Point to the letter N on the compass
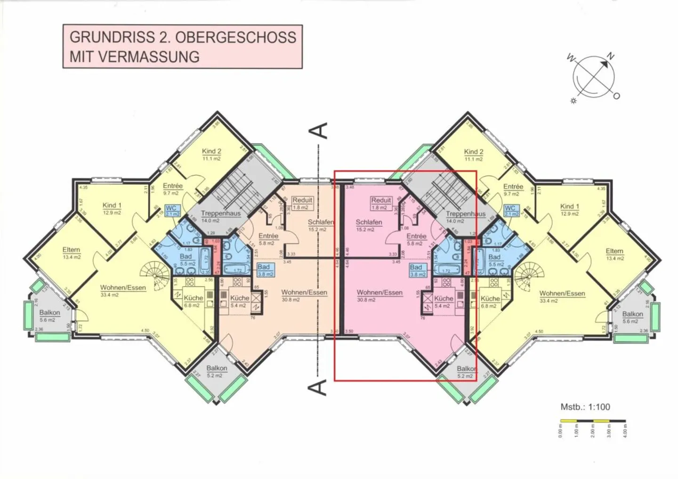click(611, 56)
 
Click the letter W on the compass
click(571, 58)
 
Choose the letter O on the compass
click(616, 96)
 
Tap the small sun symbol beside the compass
click(573, 101)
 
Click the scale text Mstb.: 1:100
click(585, 407)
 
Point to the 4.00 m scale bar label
click(625, 431)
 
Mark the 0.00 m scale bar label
click(561, 431)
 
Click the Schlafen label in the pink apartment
click(369, 223)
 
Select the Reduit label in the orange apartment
click(302, 200)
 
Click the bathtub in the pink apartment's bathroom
click(449, 270)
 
